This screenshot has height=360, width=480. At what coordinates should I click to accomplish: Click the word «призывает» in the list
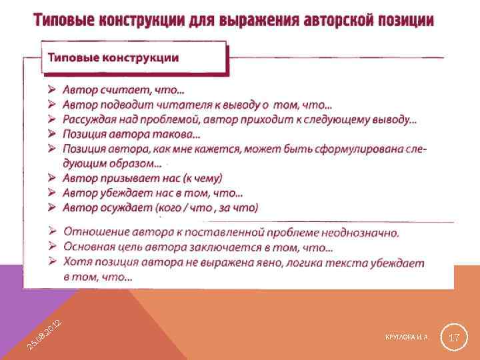point(131,178)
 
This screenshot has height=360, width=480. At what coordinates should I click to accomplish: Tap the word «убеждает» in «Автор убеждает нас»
point(131,193)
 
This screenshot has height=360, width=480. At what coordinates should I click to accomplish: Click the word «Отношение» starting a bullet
point(94,233)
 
